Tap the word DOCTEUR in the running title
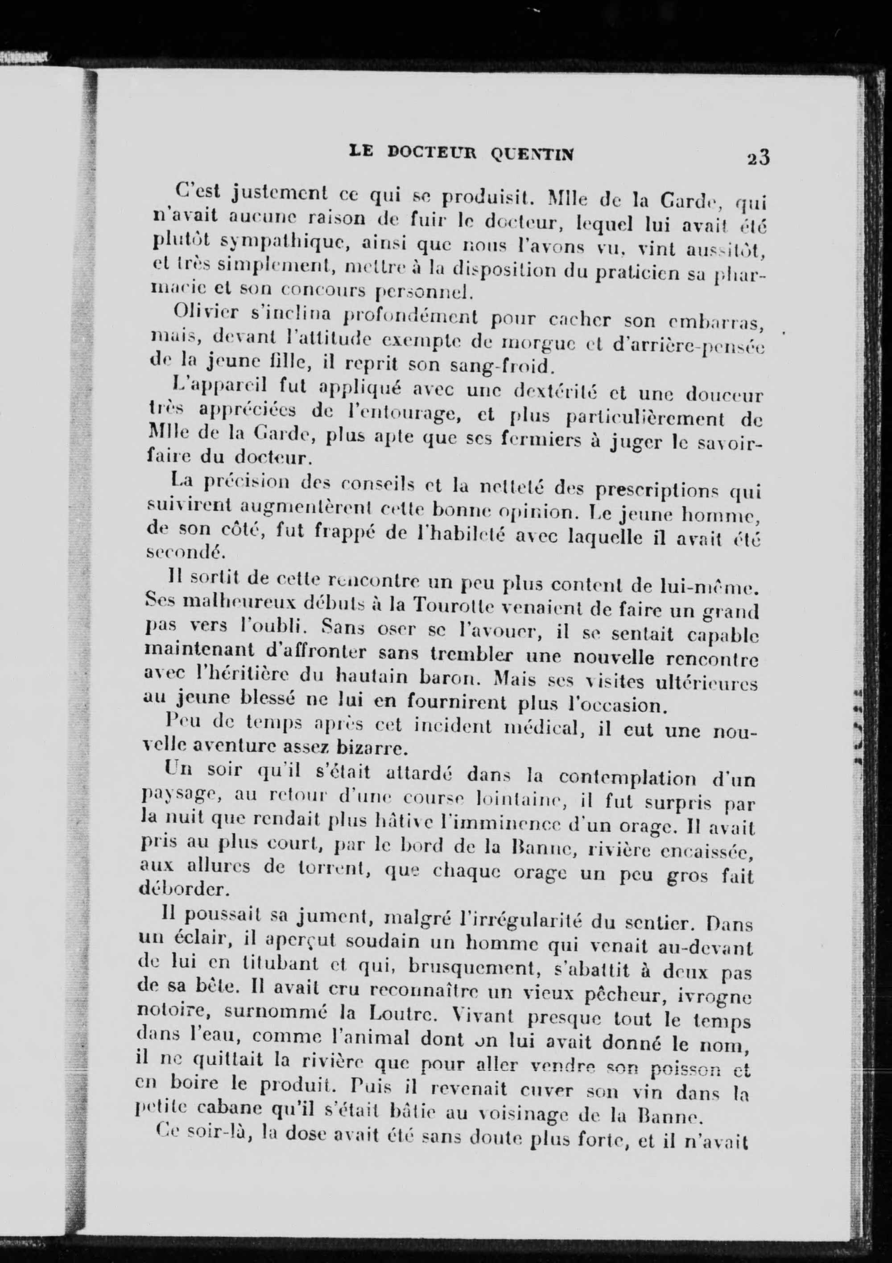click(430, 153)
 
